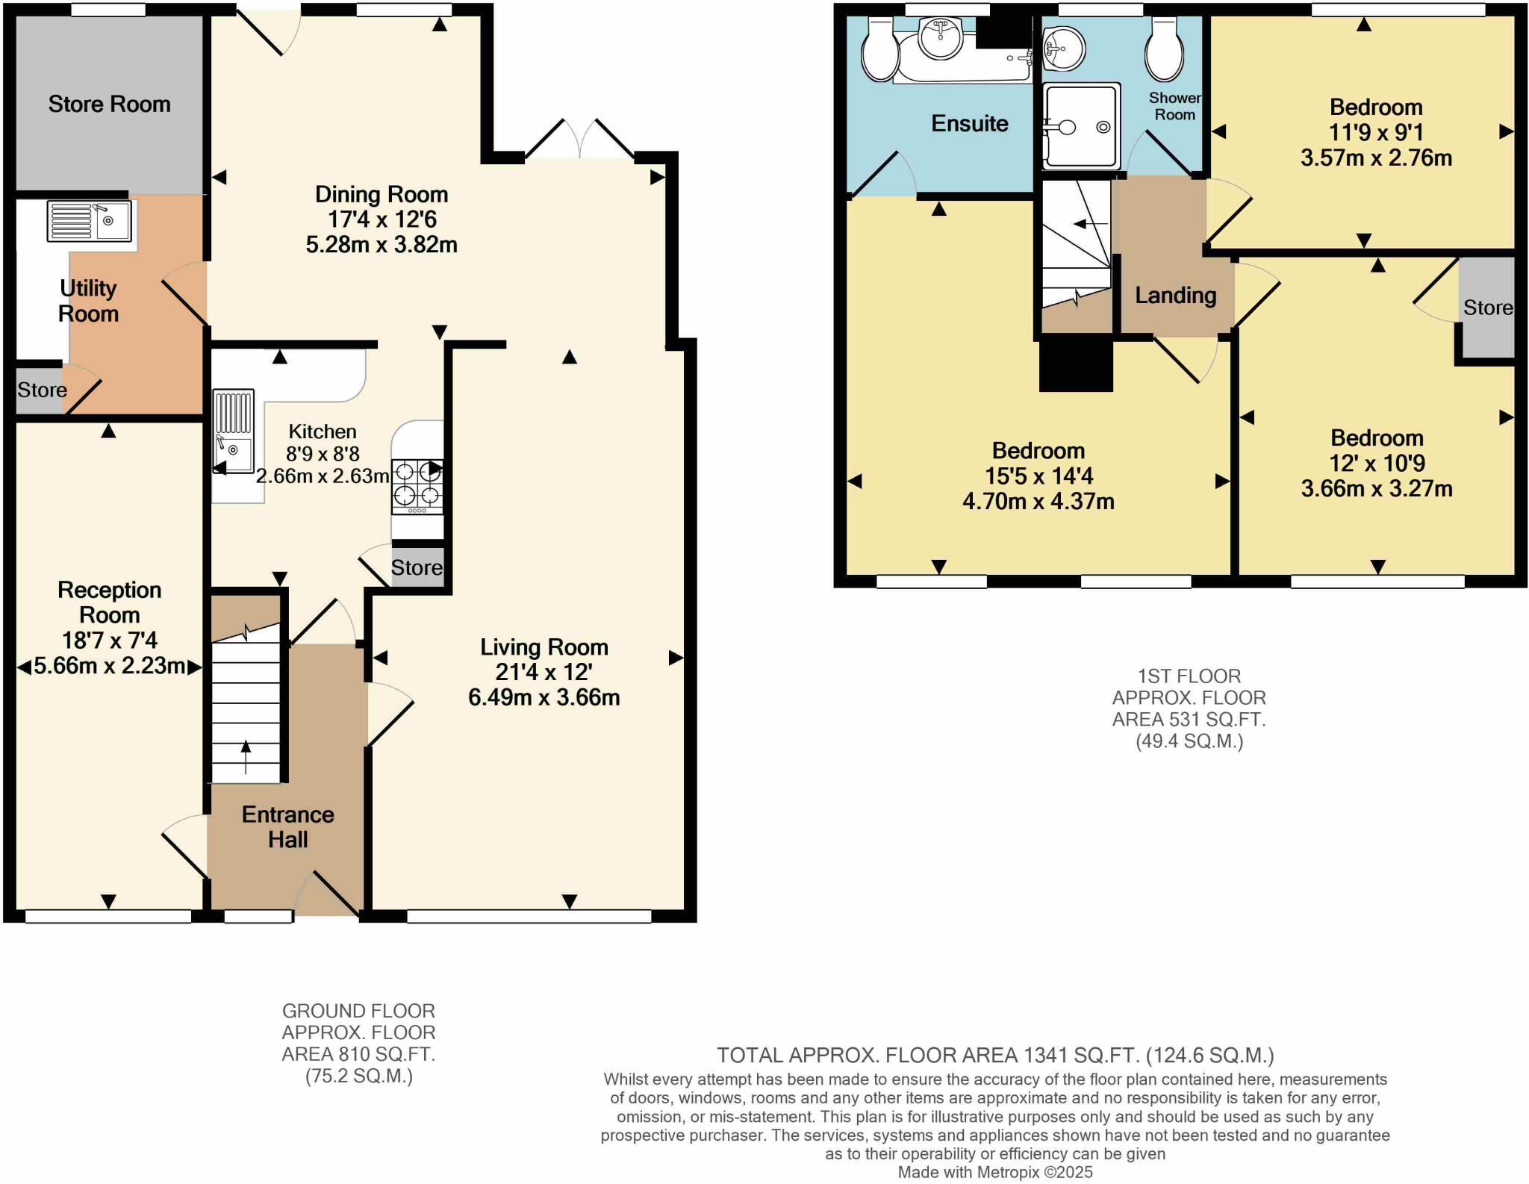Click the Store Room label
[109, 104]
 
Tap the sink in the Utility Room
[90, 220]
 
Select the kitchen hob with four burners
[417, 486]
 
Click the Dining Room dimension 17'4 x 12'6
[382, 219]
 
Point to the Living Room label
[544, 646]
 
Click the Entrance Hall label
[287, 826]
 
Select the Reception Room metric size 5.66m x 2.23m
[109, 665]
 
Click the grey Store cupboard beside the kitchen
[417, 567]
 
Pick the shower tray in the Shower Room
[1082, 125]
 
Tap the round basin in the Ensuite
[941, 37]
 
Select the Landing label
[1175, 296]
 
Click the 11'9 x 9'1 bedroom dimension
[1375, 132]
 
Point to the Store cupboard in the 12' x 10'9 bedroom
[1487, 308]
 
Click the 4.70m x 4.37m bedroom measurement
[1038, 501]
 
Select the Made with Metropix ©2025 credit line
[994, 1172]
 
